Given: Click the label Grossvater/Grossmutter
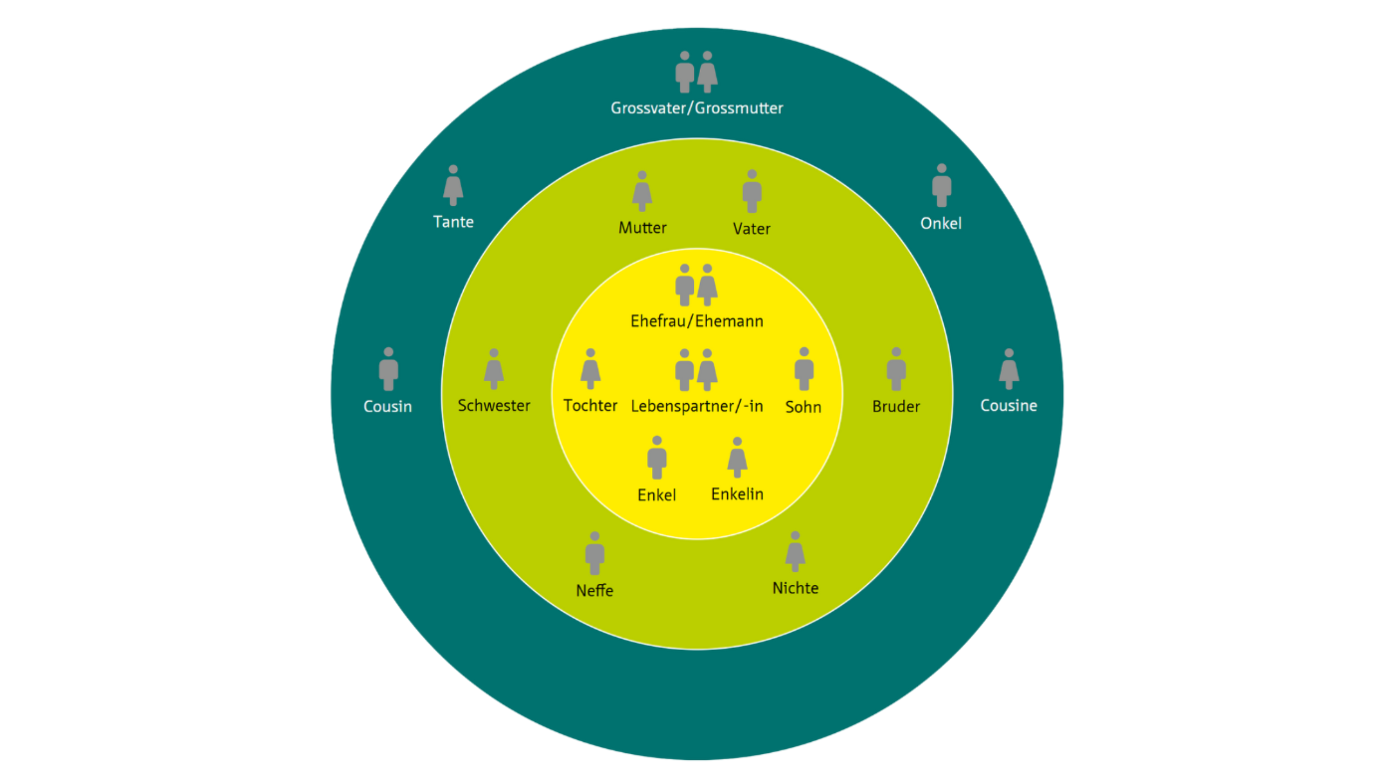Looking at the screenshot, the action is pyautogui.click(x=697, y=108).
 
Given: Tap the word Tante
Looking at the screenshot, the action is pyautogui.click(x=453, y=222).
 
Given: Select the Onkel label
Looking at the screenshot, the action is pyautogui.click(x=940, y=223).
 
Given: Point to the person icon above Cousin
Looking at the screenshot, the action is pyautogui.click(x=388, y=369).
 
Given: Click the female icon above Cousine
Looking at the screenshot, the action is pyautogui.click(x=1009, y=369).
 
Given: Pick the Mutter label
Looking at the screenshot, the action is pyautogui.click(x=642, y=227).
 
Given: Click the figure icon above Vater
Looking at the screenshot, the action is pyautogui.click(x=752, y=191).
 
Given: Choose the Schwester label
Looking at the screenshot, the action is pyautogui.click(x=493, y=405).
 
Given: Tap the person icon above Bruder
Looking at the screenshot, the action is pyautogui.click(x=896, y=369).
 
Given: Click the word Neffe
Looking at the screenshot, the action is pyautogui.click(x=594, y=590).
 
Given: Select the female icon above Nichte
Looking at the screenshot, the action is pyautogui.click(x=795, y=551).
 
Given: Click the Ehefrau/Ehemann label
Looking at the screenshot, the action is pyautogui.click(x=697, y=321).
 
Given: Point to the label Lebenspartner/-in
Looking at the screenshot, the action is pyautogui.click(x=697, y=406).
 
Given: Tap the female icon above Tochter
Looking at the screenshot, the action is pyautogui.click(x=591, y=369).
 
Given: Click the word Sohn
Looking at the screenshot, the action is pyautogui.click(x=803, y=407).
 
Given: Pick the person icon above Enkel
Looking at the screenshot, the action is pyautogui.click(x=657, y=457).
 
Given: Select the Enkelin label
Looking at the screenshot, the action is pyautogui.click(x=737, y=494).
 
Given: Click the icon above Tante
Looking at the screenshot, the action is pyautogui.click(x=453, y=186).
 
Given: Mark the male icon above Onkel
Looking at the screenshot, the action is pyautogui.click(x=941, y=186).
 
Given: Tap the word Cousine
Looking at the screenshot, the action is pyautogui.click(x=1009, y=405).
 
